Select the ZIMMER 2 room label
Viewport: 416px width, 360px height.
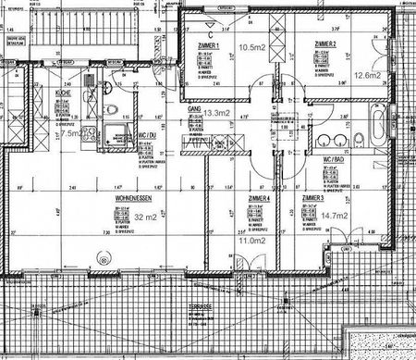pos(324,44)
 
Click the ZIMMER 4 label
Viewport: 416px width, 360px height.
pos(259,198)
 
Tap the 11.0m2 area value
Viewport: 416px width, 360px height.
pos(252,240)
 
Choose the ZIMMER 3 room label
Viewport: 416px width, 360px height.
pos(312,198)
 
